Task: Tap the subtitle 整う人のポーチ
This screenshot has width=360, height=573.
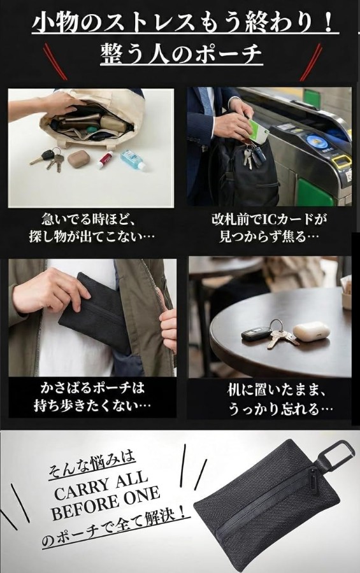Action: pos(182,53)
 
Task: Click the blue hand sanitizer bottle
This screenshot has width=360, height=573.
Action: pos(133,160)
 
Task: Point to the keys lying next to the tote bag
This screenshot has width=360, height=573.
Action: pos(48,159)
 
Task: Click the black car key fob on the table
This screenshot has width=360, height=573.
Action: pos(257,333)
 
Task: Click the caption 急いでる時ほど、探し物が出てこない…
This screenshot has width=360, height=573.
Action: pos(92,228)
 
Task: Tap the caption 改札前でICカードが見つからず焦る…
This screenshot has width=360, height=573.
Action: pos(268,228)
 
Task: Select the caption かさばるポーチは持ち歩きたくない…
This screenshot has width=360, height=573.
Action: pos(92,396)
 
